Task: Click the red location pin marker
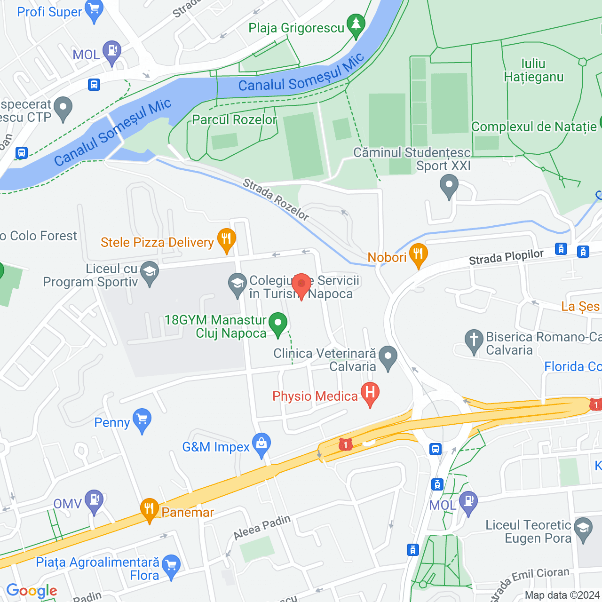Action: click(301, 285)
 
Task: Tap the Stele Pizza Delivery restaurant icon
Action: click(226, 240)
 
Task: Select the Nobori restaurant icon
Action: click(418, 255)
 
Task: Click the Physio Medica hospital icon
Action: click(370, 394)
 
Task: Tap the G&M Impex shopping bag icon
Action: click(261, 444)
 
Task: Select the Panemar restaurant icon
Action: click(149, 510)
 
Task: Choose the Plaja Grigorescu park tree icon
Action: click(356, 25)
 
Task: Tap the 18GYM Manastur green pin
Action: click(278, 324)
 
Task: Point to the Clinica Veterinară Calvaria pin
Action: click(388, 357)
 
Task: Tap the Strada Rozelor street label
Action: click(276, 199)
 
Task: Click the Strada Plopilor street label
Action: click(506, 257)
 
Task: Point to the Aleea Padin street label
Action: click(262, 527)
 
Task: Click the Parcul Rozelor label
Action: click(234, 119)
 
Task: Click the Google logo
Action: click(32, 591)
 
